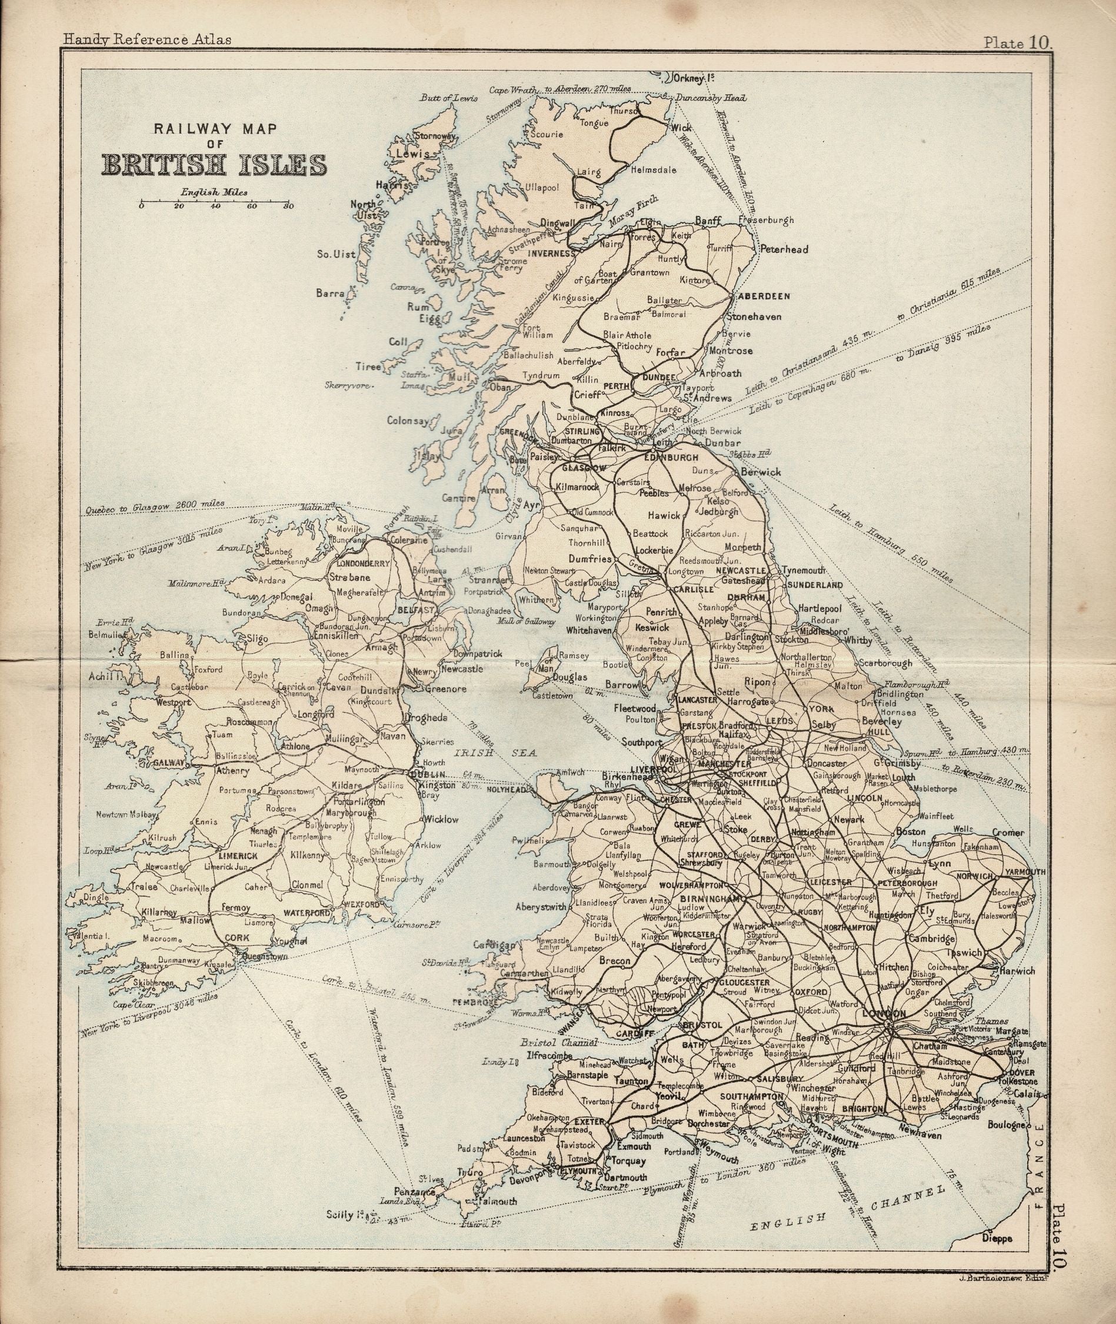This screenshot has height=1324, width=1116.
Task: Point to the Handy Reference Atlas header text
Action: coord(146,39)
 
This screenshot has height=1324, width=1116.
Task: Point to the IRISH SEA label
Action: coord(495,754)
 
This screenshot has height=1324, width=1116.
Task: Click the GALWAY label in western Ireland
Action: coord(168,764)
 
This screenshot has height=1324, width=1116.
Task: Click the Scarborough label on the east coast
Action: coord(886,663)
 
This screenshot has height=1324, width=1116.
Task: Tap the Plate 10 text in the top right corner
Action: coord(1016,42)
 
